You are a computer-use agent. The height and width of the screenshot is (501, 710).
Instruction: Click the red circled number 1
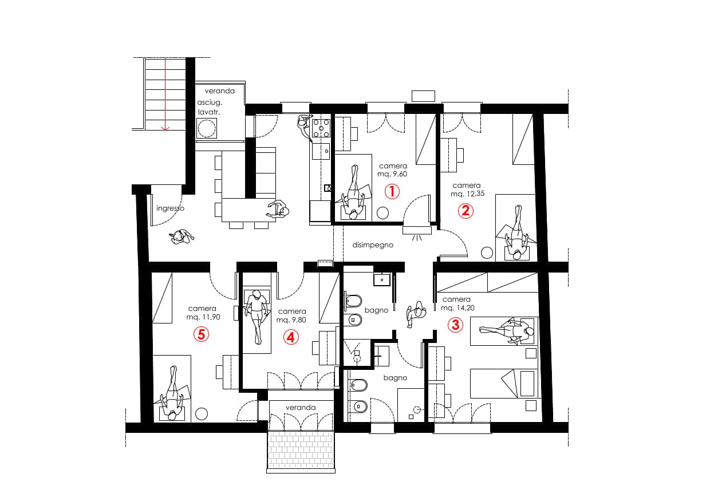point(392,191)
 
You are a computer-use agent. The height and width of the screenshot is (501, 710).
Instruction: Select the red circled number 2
point(466,211)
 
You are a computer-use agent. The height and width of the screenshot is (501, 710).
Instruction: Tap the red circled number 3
point(455,325)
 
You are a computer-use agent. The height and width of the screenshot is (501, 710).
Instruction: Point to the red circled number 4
point(291,337)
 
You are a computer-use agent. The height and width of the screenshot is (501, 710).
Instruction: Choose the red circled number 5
point(200,334)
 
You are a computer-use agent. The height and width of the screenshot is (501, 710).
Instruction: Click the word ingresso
point(170,208)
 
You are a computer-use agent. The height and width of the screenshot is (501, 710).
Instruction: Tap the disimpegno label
point(373,244)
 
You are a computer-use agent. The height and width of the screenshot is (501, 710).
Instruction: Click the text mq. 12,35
point(466,194)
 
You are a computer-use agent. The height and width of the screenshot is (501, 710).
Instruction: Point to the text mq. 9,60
point(392,174)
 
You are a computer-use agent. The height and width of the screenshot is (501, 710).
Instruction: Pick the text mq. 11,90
point(202,317)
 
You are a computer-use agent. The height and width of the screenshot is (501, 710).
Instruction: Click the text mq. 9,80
point(292,320)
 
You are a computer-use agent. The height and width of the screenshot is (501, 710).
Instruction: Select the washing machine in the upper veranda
point(206,129)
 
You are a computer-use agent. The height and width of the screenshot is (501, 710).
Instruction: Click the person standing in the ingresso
point(182,237)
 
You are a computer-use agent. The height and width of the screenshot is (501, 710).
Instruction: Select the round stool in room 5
point(201,413)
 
